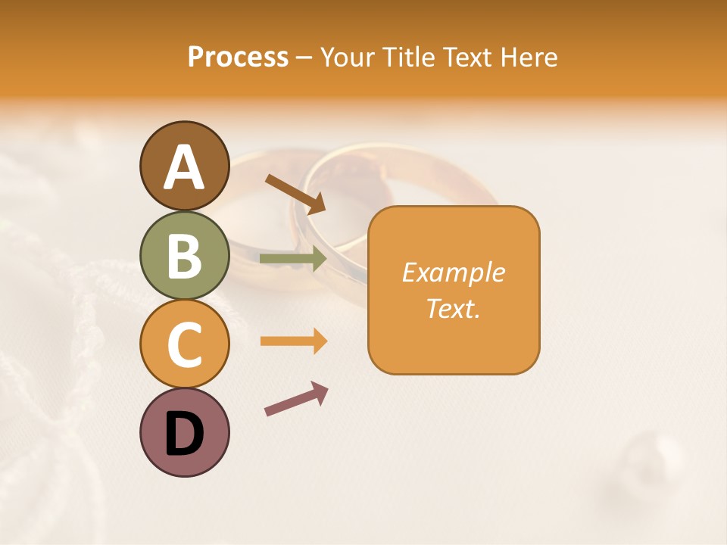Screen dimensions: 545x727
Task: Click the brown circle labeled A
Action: point(184,166)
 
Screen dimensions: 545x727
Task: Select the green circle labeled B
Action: point(184,255)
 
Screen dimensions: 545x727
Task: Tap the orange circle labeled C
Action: point(184,344)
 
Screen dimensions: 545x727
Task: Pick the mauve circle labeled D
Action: point(184,432)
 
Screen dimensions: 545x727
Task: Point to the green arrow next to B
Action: point(293,259)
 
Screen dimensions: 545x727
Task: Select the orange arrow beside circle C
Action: point(293,341)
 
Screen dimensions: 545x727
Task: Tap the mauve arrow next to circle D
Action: point(296,399)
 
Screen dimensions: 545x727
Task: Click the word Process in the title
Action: point(238,58)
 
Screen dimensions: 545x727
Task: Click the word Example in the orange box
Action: point(453,272)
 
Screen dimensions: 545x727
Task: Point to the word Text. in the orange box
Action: point(453,308)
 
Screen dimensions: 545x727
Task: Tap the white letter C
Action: point(184,344)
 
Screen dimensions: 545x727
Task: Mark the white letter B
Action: point(184,256)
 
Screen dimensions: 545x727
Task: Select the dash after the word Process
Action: point(304,58)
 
